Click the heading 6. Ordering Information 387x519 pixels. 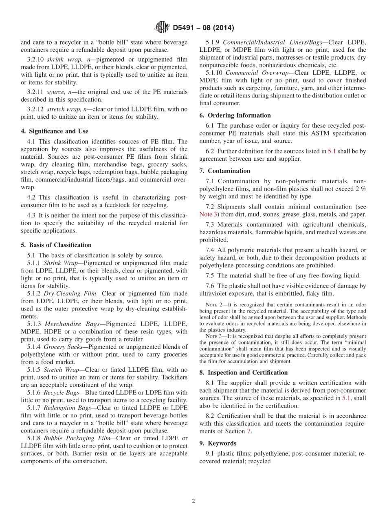point(235,115)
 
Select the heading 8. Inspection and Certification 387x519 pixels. point(244,373)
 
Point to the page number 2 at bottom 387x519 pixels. point(193,501)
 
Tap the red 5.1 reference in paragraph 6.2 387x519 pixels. point(332,151)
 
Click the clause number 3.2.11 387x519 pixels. point(36,92)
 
